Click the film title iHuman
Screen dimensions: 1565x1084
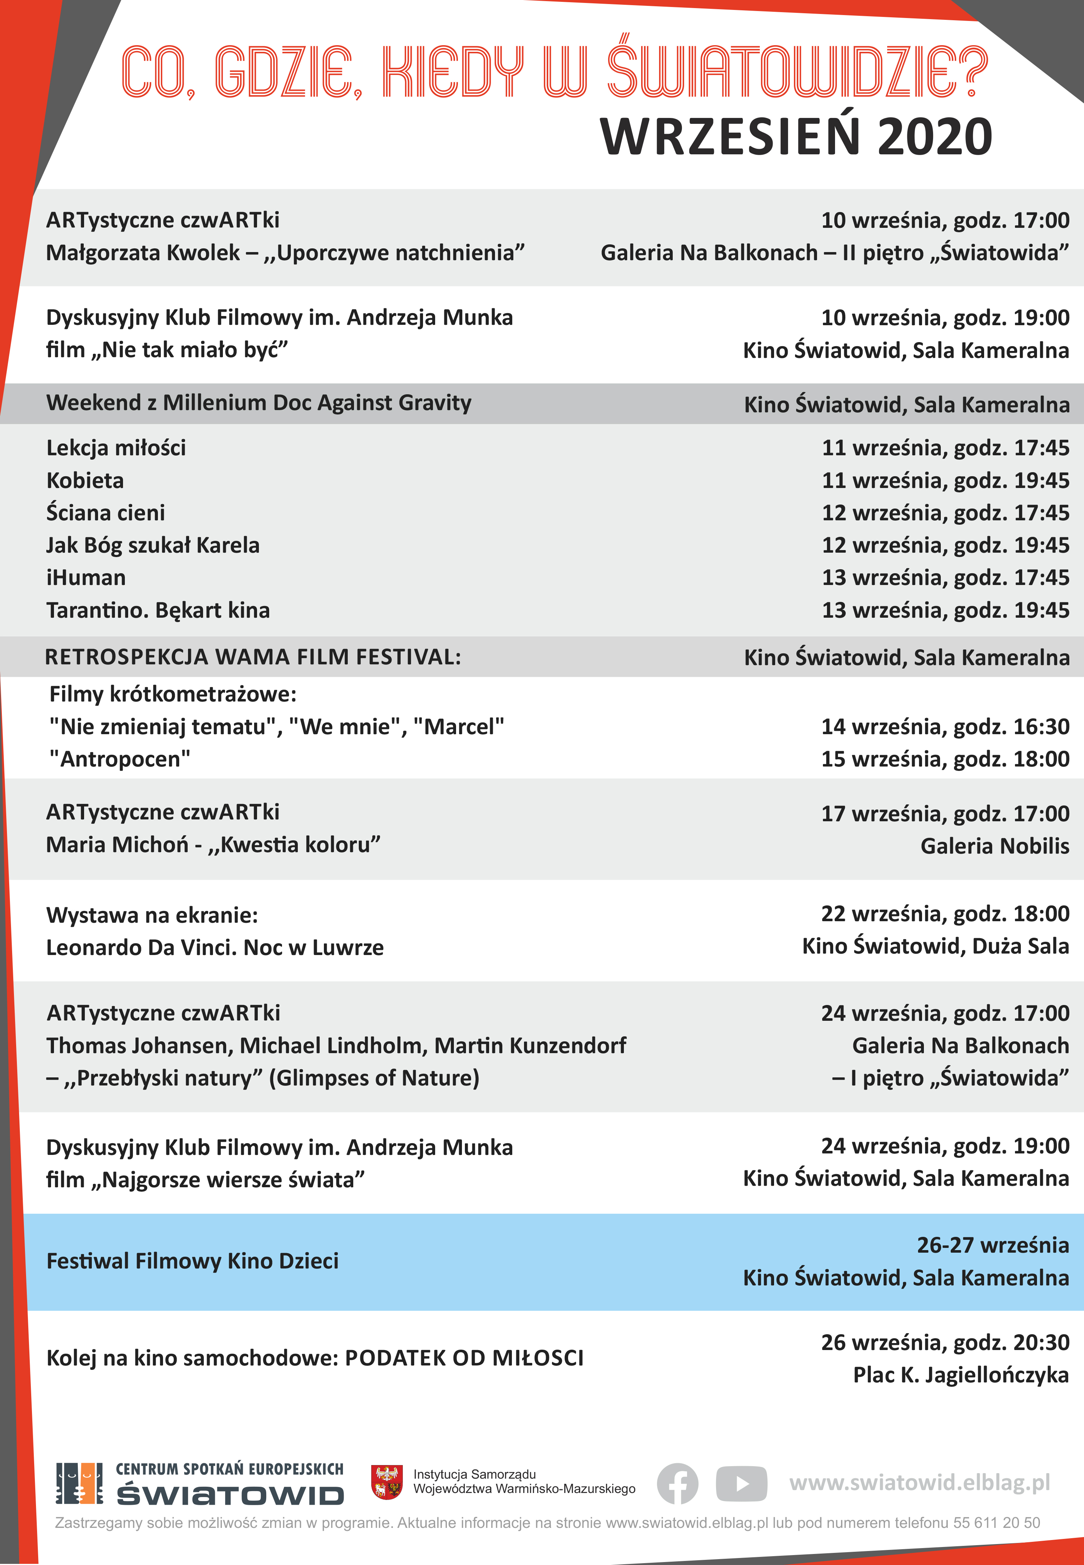86,578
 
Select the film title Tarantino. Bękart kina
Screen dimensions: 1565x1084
158,610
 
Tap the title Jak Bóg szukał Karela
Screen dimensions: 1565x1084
153,545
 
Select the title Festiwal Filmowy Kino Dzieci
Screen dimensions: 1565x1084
192,1261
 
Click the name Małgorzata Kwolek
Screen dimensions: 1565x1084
142,253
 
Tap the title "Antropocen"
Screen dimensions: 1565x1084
120,759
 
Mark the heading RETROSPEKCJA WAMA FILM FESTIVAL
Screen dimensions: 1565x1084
253,657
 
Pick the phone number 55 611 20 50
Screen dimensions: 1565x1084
996,1523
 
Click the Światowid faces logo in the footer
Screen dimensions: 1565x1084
79,1483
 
